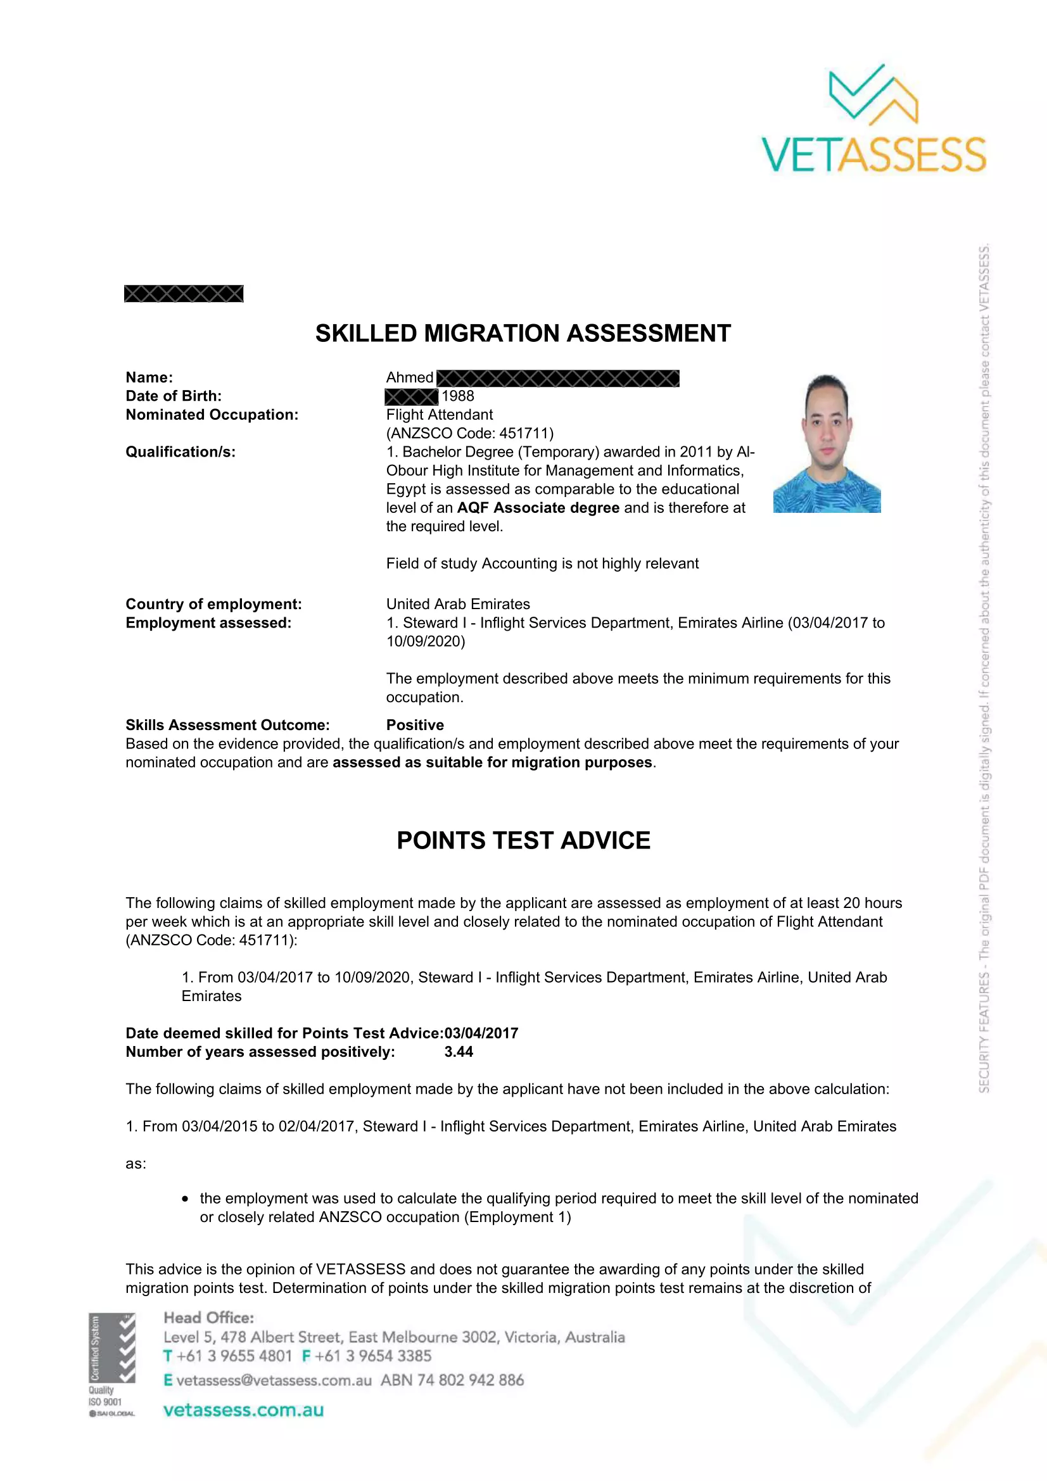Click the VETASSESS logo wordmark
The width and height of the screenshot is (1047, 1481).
tap(873, 154)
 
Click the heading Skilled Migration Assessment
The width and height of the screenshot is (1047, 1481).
tap(523, 334)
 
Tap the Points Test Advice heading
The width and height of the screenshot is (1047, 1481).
tap(523, 840)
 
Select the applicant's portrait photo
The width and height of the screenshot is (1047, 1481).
tap(827, 443)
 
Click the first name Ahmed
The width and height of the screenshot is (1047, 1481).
tap(410, 377)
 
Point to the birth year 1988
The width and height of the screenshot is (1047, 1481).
tap(457, 396)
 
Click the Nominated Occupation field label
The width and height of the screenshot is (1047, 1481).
tap(212, 415)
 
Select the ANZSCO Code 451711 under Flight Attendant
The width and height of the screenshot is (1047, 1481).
tap(469, 433)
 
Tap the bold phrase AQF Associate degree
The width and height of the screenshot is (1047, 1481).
tap(538, 508)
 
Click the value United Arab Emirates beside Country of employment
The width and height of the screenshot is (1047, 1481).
tap(458, 604)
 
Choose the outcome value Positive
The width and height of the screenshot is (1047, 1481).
tap(415, 725)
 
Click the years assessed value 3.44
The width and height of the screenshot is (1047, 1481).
tap(459, 1052)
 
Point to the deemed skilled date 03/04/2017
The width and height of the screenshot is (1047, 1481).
tap(481, 1033)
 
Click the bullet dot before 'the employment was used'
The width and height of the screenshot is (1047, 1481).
tap(186, 1199)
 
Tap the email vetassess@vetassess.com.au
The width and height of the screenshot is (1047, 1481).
tap(274, 1380)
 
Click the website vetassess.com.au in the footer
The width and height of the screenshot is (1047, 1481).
tap(243, 1410)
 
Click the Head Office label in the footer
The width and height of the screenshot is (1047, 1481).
tap(208, 1318)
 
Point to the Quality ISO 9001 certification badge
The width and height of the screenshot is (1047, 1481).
tap(112, 1364)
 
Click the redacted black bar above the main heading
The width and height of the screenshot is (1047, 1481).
tap(184, 294)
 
